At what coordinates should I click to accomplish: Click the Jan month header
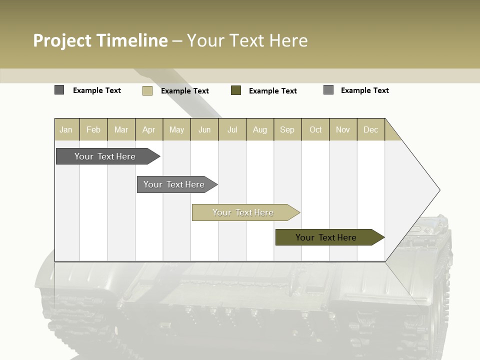pyautogui.click(x=66, y=129)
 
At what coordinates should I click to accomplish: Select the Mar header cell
pyautogui.click(x=121, y=129)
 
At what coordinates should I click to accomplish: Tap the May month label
pyautogui.click(x=176, y=129)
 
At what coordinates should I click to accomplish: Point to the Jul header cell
pyautogui.click(x=232, y=129)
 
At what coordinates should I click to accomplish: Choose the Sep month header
pyautogui.click(x=287, y=129)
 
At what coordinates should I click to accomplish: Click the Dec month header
pyautogui.click(x=370, y=129)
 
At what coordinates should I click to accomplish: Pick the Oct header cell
pyautogui.click(x=315, y=129)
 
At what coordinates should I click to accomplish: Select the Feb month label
pyautogui.click(x=93, y=129)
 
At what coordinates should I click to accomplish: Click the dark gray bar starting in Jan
pyautogui.click(x=105, y=156)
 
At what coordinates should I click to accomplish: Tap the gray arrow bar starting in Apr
pyautogui.click(x=174, y=184)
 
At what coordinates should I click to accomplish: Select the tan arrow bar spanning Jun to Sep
pyautogui.click(x=243, y=212)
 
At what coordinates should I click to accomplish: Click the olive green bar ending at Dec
pyautogui.click(x=326, y=237)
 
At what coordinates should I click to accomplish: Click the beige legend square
pyautogui.click(x=147, y=90)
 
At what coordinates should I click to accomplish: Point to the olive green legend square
pyautogui.click(x=236, y=90)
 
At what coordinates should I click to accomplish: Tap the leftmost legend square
pyautogui.click(x=59, y=90)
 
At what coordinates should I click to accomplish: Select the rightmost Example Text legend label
pyautogui.click(x=364, y=90)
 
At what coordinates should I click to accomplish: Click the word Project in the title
pyautogui.click(x=62, y=40)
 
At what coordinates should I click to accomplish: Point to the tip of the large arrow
pyautogui.click(x=439, y=190)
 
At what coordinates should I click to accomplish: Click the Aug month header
pyautogui.click(x=259, y=129)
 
